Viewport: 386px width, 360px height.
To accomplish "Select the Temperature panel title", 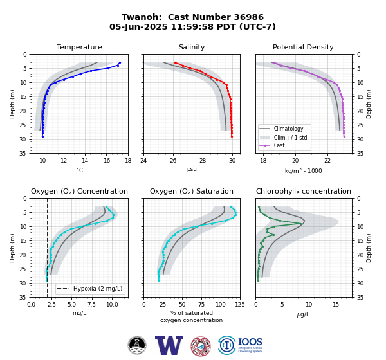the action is click(79, 47).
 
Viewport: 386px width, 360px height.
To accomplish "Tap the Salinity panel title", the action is click(192, 47).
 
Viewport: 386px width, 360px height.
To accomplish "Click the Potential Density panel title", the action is click(303, 47).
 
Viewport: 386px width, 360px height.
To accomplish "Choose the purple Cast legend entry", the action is click(279, 145).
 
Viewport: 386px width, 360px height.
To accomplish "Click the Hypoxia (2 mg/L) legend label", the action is click(98, 289).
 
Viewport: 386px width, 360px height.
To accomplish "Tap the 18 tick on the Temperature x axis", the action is click(128, 161).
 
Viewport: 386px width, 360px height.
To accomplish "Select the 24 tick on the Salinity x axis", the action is click(143, 161).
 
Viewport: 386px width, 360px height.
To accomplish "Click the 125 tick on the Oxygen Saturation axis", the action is click(240, 305).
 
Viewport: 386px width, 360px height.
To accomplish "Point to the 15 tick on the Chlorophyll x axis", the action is click(336, 305).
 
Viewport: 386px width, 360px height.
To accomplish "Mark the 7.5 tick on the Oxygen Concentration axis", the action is click(92, 305).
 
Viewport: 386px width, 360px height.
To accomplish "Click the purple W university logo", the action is click(169, 345).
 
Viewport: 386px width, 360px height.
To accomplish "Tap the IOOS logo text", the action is click(250, 342).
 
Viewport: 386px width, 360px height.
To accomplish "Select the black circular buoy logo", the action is click(137, 345).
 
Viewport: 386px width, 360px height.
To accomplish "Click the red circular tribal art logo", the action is click(201, 346).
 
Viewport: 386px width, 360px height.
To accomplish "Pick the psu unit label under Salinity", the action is click(192, 169).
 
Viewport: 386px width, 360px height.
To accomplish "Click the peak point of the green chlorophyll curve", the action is click(300, 224).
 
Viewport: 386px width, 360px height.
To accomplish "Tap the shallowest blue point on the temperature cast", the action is click(120, 63).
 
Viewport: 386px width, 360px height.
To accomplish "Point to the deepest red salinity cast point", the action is click(232, 136).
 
